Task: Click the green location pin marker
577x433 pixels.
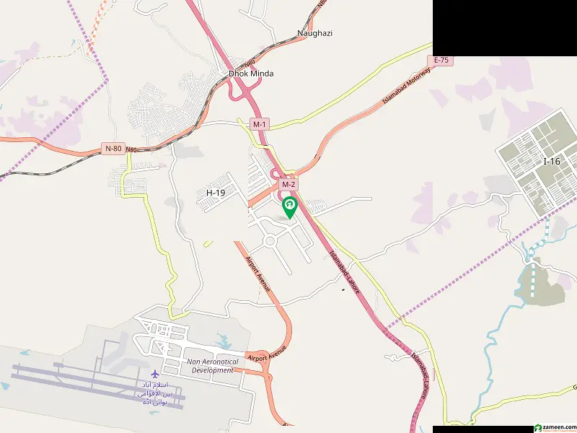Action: click(289, 207)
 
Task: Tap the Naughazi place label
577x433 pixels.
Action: click(314, 33)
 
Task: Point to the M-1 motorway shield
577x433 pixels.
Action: click(260, 124)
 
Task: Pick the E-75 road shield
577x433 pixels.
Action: click(442, 61)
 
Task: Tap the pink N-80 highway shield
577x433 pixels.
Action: click(113, 149)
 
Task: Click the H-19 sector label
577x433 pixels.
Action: click(216, 193)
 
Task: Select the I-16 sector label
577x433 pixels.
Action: click(551, 162)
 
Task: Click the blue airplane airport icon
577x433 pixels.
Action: click(155, 373)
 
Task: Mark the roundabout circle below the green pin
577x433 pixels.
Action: click(270, 240)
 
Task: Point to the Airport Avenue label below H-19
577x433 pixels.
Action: click(257, 274)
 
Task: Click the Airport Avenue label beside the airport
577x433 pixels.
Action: click(266, 353)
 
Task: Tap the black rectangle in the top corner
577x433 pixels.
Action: click(505, 27)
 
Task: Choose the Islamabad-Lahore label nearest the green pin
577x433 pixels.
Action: click(344, 268)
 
